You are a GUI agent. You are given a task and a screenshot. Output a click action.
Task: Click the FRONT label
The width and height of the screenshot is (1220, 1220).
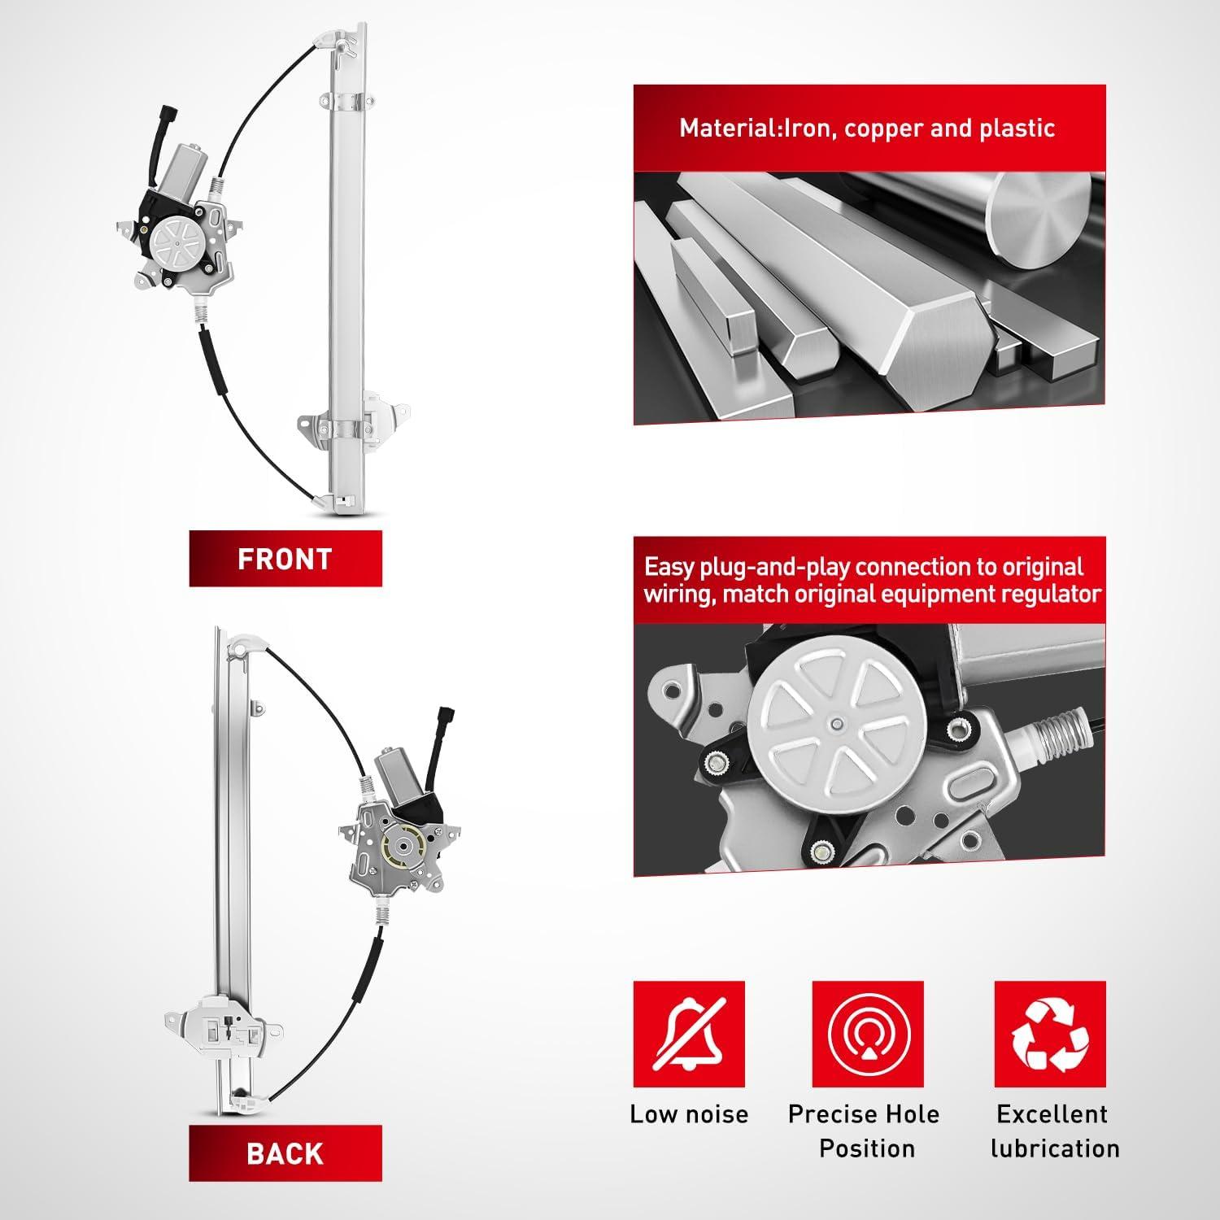285,559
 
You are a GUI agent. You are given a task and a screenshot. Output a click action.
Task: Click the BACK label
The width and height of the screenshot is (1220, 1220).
285,1153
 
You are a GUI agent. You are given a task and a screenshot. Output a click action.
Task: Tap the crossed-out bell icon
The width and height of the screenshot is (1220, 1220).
689,1034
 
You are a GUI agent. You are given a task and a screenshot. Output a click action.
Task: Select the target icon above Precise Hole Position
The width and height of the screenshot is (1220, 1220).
867,1034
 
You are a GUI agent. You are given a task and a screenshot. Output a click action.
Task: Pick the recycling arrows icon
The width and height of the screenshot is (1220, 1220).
1050,1034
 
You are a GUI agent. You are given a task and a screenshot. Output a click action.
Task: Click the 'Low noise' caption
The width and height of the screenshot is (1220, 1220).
689,1113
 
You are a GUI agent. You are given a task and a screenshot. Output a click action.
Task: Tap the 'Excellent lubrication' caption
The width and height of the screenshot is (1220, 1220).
1053,1131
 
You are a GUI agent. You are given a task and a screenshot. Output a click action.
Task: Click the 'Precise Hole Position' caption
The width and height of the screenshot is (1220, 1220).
865,1131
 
